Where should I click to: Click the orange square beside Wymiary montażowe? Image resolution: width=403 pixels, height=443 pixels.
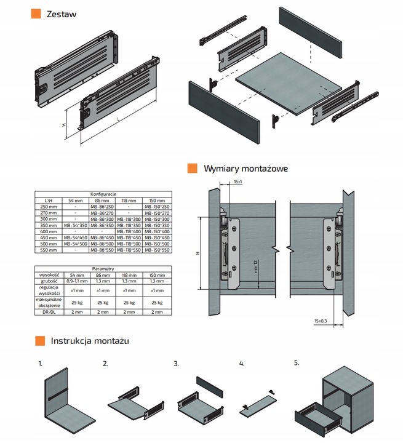tap(192, 169)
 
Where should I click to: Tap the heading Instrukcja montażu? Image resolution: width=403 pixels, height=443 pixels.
tap(89, 340)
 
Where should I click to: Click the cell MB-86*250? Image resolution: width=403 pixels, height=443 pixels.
tap(98, 207)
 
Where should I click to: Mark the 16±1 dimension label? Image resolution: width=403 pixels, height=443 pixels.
tap(238, 182)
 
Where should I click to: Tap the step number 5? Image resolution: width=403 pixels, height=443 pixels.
tap(296, 362)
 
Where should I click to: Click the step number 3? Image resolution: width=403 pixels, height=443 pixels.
tap(176, 364)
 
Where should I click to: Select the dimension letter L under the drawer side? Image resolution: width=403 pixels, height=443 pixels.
tap(118, 117)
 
